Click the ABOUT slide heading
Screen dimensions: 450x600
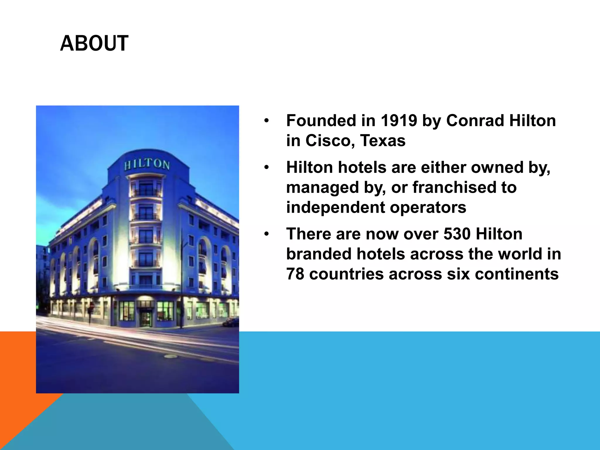pos(94,43)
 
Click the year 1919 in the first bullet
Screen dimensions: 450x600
pos(399,120)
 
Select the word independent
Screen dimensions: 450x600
pos(335,207)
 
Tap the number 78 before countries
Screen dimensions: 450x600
pos(295,274)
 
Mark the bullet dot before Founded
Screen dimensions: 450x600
pos(266,121)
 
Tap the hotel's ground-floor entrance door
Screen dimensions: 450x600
pos(146,318)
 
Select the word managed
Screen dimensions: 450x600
pos(323,188)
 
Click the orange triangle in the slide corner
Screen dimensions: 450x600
pos(18,381)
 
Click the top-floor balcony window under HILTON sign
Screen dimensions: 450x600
pos(146,188)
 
